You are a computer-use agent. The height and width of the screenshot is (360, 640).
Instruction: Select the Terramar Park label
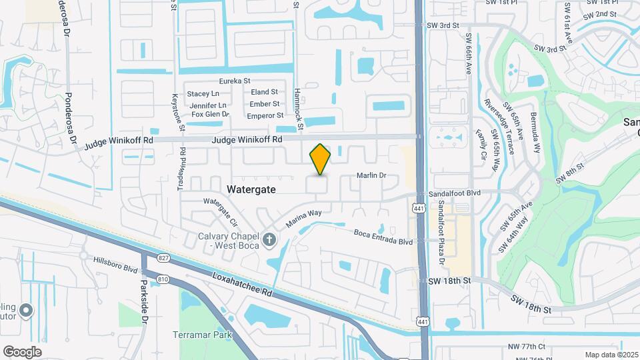click(x=201, y=334)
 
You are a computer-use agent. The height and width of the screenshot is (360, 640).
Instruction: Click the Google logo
click(x=22, y=351)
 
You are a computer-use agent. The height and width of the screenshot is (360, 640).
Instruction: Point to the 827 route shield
click(x=163, y=257)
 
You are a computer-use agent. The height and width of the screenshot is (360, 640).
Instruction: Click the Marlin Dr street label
click(x=372, y=175)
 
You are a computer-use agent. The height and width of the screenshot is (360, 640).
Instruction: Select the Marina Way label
click(x=304, y=218)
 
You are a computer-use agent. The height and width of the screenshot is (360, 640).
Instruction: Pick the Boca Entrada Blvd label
click(x=383, y=237)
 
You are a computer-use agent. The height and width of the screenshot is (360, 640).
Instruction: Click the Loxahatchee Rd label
click(x=243, y=284)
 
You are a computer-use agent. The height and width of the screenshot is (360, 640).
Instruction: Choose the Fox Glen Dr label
click(x=210, y=114)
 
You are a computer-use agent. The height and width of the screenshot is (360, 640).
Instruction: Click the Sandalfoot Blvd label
click(x=455, y=192)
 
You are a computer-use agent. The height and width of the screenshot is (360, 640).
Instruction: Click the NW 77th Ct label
click(x=526, y=347)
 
